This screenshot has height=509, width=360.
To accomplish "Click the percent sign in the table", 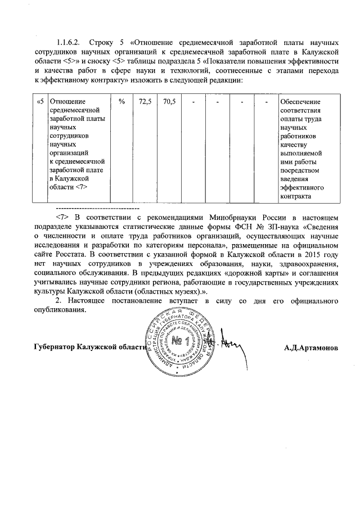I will click(121, 102).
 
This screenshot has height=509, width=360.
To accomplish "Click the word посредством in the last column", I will click(299, 169).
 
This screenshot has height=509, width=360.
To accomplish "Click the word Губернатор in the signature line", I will click(54, 347).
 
